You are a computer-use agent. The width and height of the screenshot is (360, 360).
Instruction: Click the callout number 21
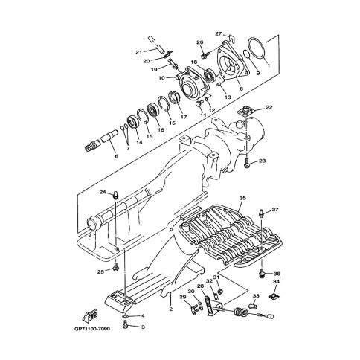click(x=138, y=52)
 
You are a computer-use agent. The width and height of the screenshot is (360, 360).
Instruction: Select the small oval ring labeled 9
click(x=247, y=54)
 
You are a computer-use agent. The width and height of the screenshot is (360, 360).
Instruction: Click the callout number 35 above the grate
click(x=242, y=198)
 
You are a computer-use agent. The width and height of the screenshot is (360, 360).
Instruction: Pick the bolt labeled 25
click(x=115, y=268)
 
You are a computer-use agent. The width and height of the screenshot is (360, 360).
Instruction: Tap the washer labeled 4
click(x=125, y=316)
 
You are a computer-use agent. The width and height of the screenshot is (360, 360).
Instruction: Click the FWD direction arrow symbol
click(x=90, y=316)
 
